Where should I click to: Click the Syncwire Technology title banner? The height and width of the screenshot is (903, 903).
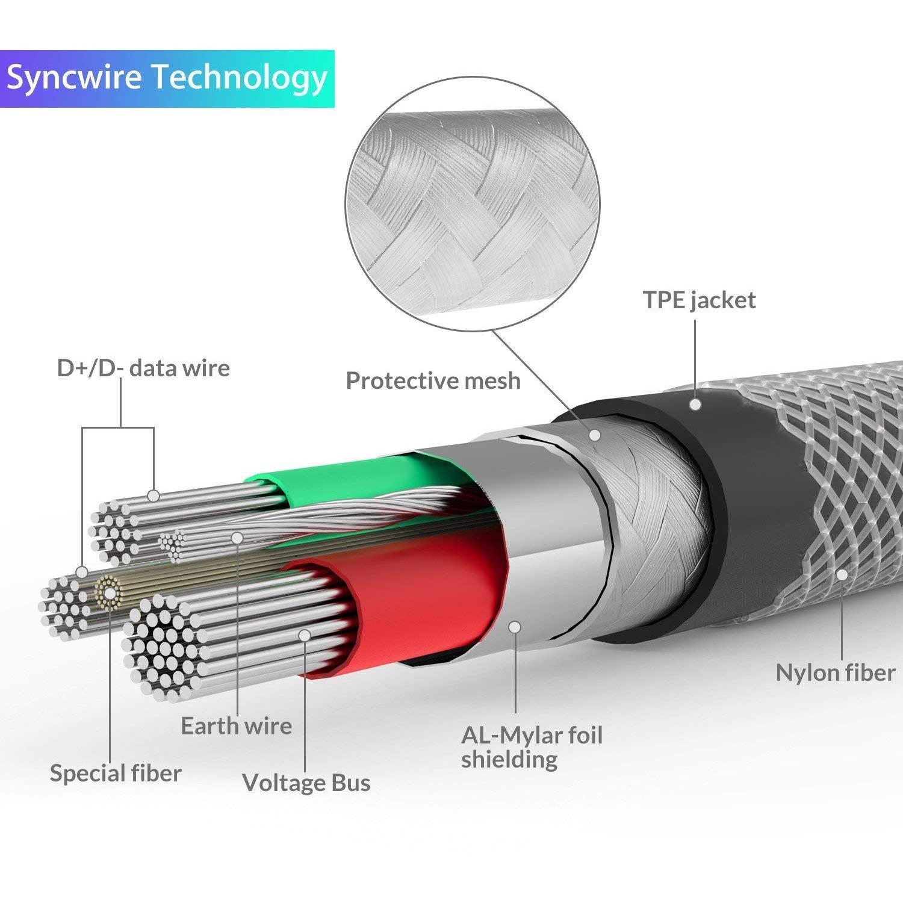(x=167, y=78)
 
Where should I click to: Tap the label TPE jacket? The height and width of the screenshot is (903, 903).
(x=699, y=300)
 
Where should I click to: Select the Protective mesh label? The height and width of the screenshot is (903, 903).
(x=433, y=380)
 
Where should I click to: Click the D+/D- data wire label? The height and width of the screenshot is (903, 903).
(x=143, y=368)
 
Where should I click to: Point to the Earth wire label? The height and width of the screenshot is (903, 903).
(x=236, y=725)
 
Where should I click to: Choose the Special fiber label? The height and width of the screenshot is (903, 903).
(x=116, y=773)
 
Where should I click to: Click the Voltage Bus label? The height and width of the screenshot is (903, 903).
(x=306, y=782)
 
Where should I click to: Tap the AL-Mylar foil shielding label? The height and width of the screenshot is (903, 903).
(x=532, y=747)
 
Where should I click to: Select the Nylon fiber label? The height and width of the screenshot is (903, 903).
(x=836, y=672)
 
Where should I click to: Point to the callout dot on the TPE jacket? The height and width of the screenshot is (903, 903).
(x=695, y=405)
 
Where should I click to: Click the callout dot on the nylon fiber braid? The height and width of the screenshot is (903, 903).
(x=842, y=574)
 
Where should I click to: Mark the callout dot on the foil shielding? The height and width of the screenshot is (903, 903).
(x=515, y=627)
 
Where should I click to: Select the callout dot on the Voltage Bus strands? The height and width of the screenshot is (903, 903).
(x=305, y=635)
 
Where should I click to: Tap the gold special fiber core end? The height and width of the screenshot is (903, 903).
(x=109, y=593)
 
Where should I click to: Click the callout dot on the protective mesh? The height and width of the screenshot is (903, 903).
(x=595, y=434)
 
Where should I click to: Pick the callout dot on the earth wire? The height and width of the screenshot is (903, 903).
(x=237, y=538)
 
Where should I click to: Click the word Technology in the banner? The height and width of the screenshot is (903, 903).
(x=239, y=78)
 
